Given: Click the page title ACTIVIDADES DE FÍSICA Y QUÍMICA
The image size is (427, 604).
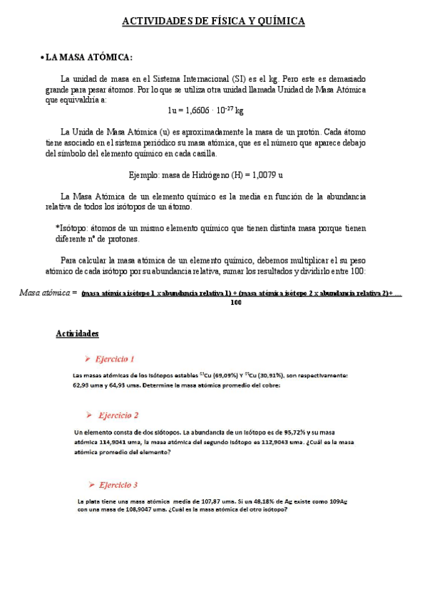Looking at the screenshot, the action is [x=213, y=22].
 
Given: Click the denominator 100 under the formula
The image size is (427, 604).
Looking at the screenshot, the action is [x=237, y=303].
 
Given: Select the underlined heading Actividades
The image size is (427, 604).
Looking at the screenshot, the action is [x=77, y=334].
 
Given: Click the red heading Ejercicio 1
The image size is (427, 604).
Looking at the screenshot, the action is [x=117, y=359].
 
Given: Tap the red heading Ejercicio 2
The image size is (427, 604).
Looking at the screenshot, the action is [x=119, y=415].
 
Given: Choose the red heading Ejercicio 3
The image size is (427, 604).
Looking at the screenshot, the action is [x=118, y=485].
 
